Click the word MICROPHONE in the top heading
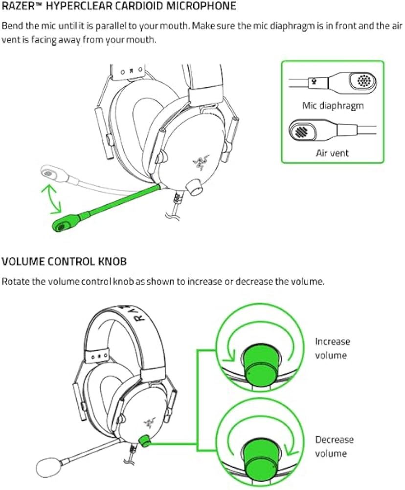[x=201, y=6]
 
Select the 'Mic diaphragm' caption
[x=333, y=105]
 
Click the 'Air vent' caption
[x=333, y=153]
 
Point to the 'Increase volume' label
[x=333, y=348]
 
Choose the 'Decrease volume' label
[x=334, y=446]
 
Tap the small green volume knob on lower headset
[x=145, y=441]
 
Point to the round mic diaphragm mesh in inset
[x=363, y=80]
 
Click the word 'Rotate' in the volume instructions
[x=14, y=282]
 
